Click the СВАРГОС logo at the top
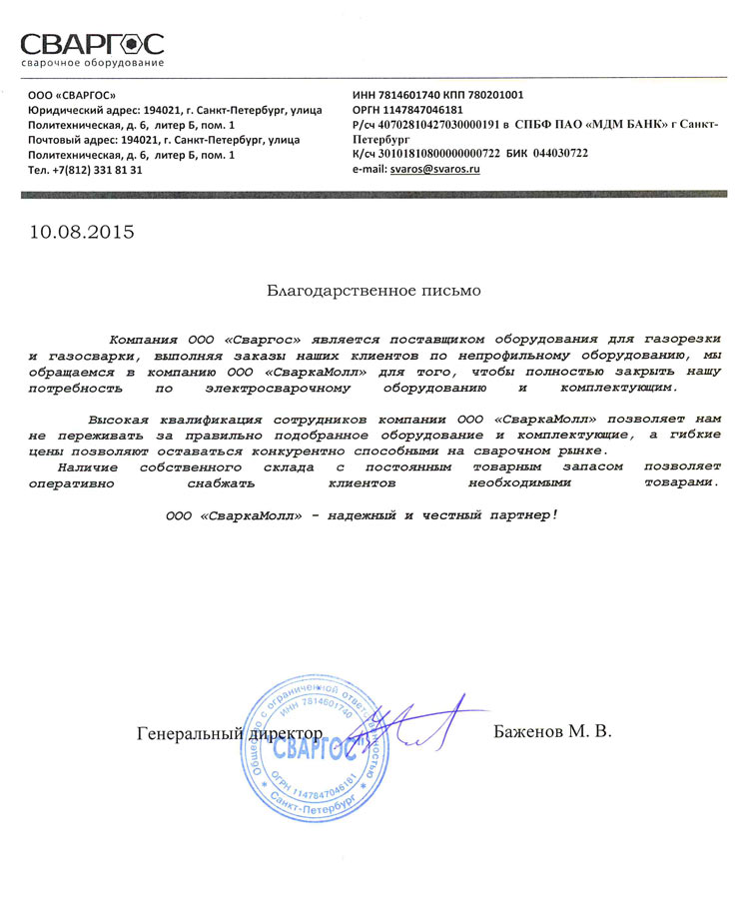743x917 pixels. [x=92, y=45]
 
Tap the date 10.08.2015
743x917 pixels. [x=81, y=233]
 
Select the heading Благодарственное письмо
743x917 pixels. [x=372, y=292]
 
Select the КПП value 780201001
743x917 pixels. [x=489, y=95]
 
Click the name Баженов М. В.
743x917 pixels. [x=552, y=732]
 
